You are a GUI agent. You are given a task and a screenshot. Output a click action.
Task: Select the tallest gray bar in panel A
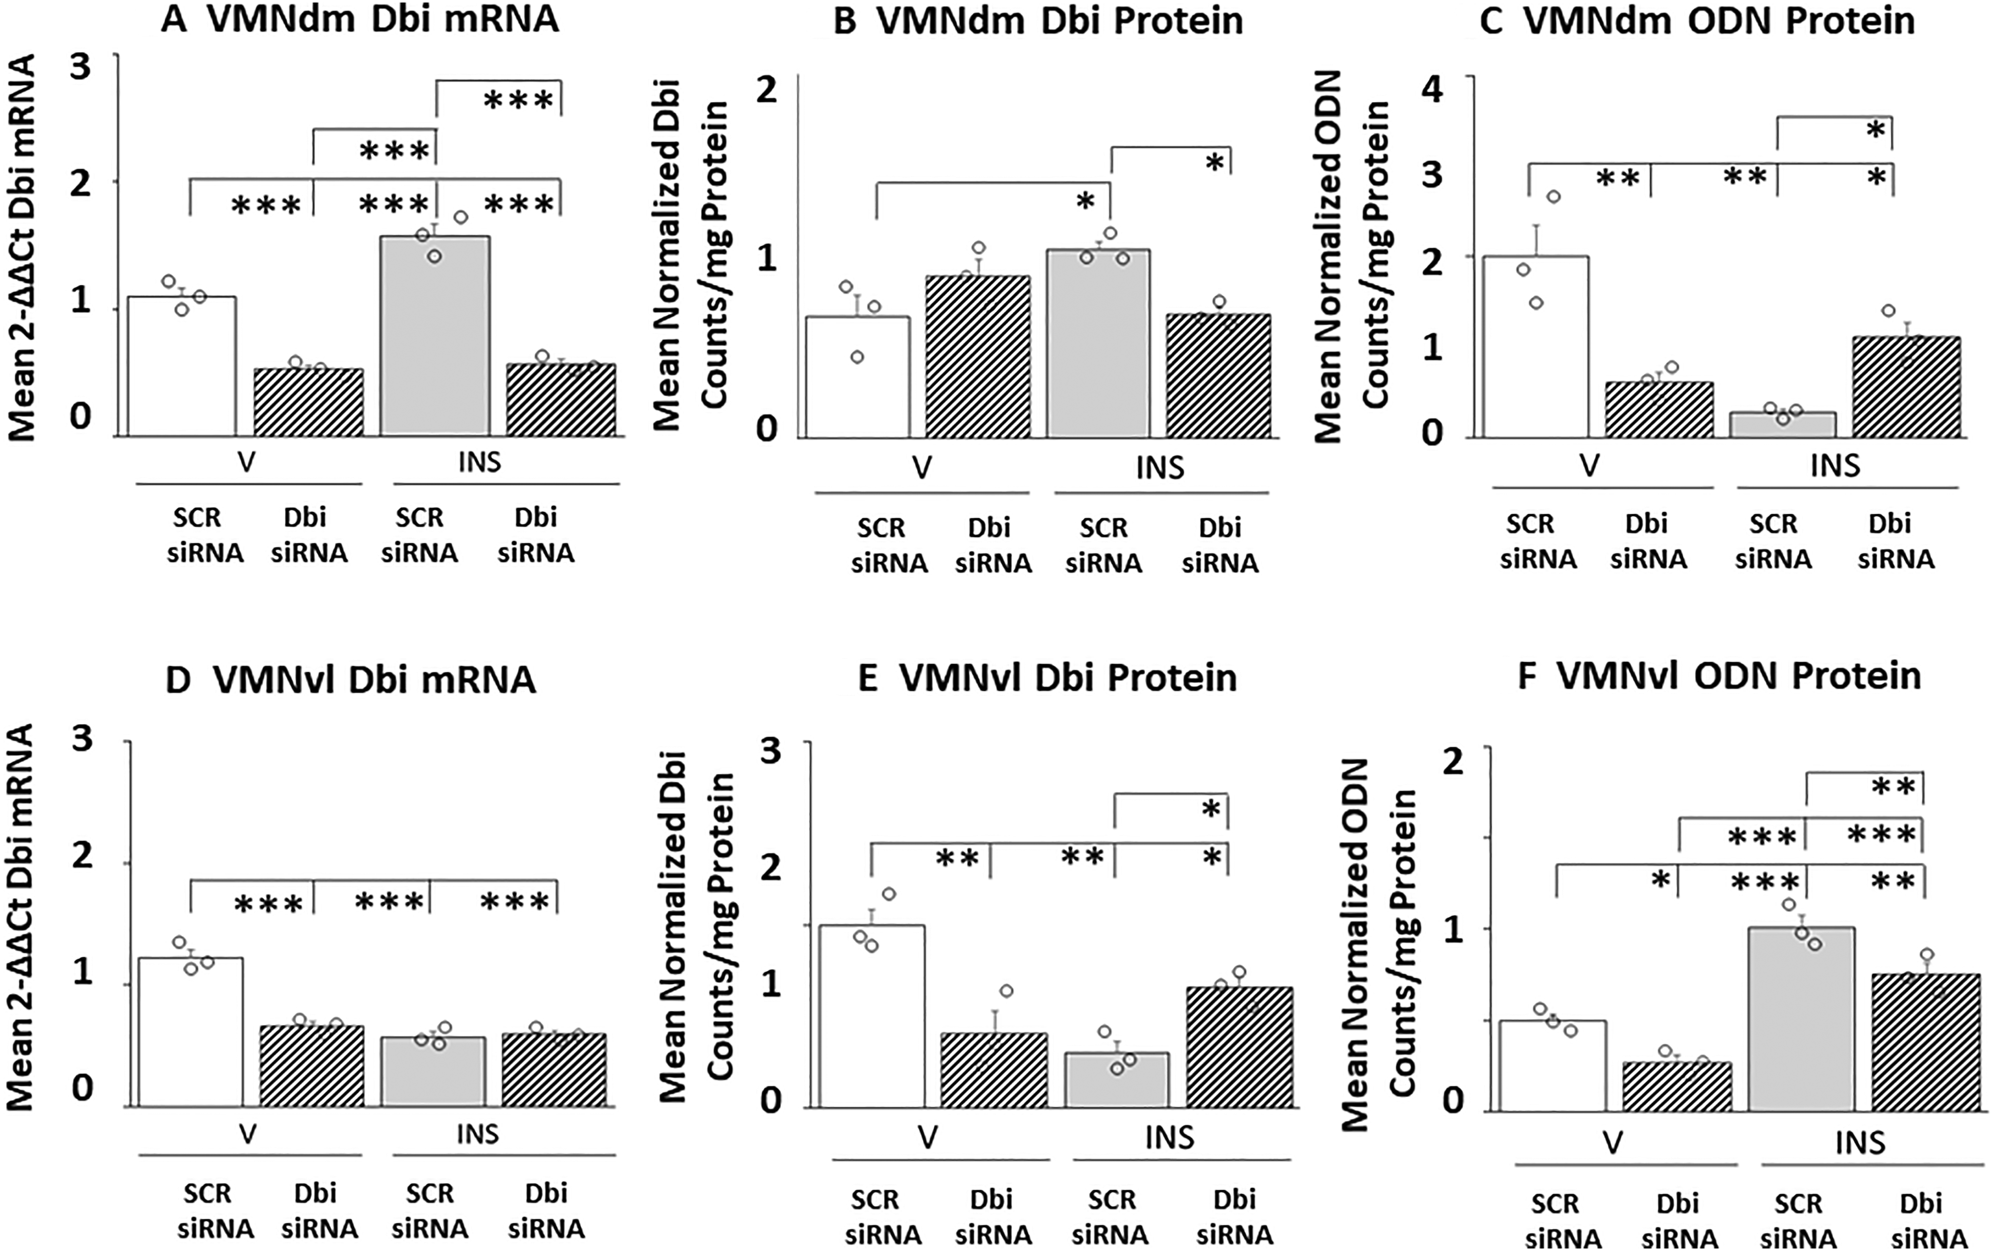[x=434, y=336]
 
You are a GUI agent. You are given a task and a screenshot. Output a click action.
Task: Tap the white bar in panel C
[x=1535, y=347]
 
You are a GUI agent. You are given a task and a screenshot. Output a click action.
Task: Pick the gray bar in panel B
[x=1098, y=343]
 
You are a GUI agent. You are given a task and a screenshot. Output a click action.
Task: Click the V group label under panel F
[x=1613, y=1143]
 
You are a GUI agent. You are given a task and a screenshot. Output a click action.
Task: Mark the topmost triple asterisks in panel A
[x=518, y=100]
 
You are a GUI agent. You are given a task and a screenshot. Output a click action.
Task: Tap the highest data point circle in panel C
[x=1554, y=197]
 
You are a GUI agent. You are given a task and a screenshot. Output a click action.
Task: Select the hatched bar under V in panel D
[x=312, y=1066]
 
